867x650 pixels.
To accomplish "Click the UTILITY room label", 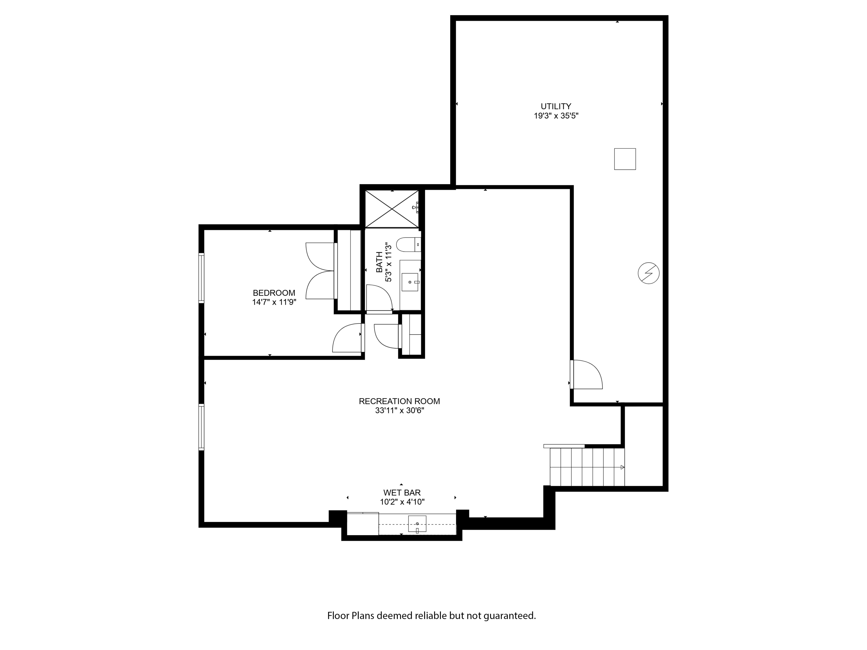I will pyautogui.click(x=556, y=106).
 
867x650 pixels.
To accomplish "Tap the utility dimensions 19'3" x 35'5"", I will pyautogui.click(x=556, y=116).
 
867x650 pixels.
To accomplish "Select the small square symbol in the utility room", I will pyautogui.click(x=625, y=159).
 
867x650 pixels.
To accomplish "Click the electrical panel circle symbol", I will pyautogui.click(x=648, y=273).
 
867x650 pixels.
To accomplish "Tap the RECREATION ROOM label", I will pyautogui.click(x=399, y=401).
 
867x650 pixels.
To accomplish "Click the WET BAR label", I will pyautogui.click(x=402, y=493).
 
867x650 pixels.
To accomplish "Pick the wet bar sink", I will pyautogui.click(x=417, y=524).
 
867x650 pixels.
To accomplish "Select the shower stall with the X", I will pyautogui.click(x=392, y=209).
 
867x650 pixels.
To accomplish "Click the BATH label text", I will pyautogui.click(x=379, y=262).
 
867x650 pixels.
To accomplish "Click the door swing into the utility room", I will pyautogui.click(x=586, y=375).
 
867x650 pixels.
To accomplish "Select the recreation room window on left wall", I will pyautogui.click(x=202, y=427).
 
